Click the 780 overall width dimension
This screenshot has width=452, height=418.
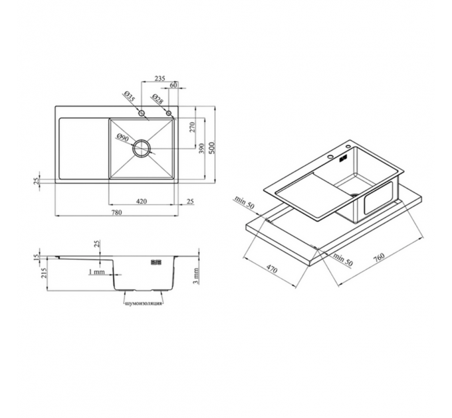pyautogui.click(x=116, y=212)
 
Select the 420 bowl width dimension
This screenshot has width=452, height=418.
pyautogui.click(x=141, y=201)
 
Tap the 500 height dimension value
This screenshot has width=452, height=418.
pyautogui.click(x=212, y=147)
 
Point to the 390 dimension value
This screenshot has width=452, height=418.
pyautogui.click(x=202, y=149)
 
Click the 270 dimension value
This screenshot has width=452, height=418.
pyautogui.click(x=192, y=127)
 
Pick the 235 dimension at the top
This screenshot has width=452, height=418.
pyautogui.click(x=160, y=78)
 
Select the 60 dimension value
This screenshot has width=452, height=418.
pyautogui.click(x=173, y=85)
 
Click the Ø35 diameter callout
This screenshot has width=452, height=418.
pyautogui.click(x=130, y=97)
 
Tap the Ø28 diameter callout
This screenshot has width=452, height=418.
pyautogui.click(x=158, y=99)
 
